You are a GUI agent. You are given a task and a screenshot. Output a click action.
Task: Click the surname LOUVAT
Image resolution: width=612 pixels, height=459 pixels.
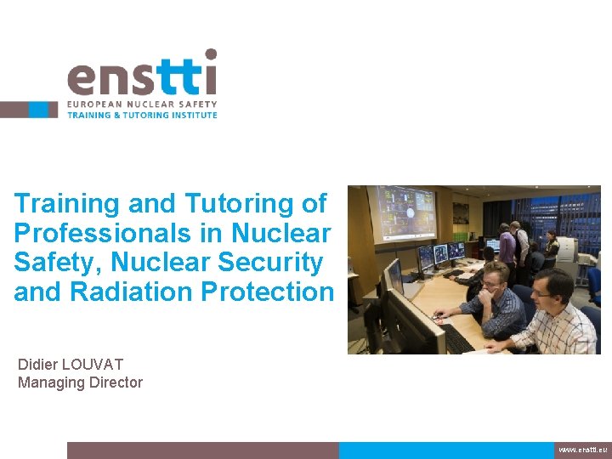(93, 365)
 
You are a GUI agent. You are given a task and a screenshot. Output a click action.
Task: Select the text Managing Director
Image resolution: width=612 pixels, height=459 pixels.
(80, 382)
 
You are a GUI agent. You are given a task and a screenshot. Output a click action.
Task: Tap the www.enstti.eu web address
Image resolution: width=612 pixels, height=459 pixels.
(582, 450)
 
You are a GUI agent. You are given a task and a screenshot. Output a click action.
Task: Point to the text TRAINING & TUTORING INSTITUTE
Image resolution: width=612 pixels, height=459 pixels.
(142, 115)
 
